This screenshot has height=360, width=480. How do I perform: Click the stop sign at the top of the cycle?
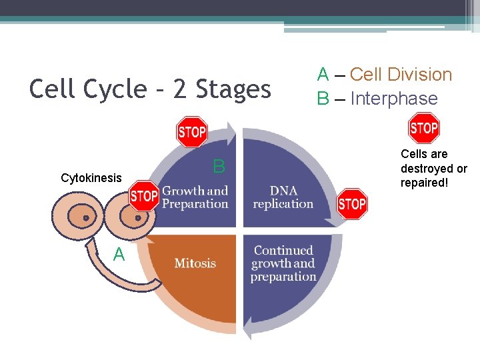click(x=192, y=132)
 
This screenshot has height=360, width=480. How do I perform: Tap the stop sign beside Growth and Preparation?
click(x=144, y=196)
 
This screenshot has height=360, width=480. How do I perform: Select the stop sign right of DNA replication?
click(x=352, y=203)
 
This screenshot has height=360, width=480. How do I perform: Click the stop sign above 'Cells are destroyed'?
click(x=423, y=128)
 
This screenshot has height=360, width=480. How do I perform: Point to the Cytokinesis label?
click(x=91, y=178)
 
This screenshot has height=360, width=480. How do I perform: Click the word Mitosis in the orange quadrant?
click(x=195, y=263)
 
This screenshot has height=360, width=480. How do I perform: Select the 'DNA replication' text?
click(x=283, y=197)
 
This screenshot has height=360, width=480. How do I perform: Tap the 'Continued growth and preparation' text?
click(x=283, y=263)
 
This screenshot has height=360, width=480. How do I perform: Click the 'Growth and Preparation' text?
click(x=195, y=197)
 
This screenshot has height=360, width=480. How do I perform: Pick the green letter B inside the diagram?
click(x=219, y=167)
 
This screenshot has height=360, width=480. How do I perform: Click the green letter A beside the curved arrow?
click(x=119, y=254)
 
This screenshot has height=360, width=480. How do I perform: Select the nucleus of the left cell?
click(x=86, y=218)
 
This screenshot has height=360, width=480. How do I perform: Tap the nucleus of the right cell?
click(x=138, y=217)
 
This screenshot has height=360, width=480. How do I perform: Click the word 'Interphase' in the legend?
click(x=394, y=99)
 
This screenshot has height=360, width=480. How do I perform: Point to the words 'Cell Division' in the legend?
click(x=401, y=75)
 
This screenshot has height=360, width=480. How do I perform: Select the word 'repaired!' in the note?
click(x=423, y=183)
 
